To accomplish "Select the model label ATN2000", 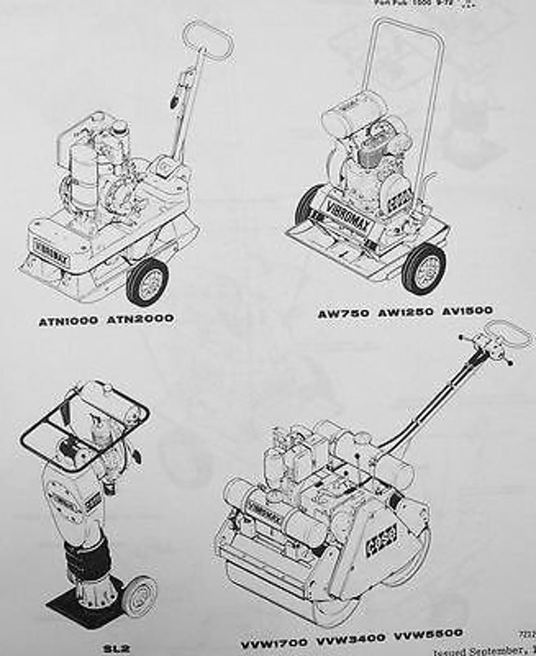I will pos(140,318).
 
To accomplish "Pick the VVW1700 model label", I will pos(275,638).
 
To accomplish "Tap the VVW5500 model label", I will pos(429,634).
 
